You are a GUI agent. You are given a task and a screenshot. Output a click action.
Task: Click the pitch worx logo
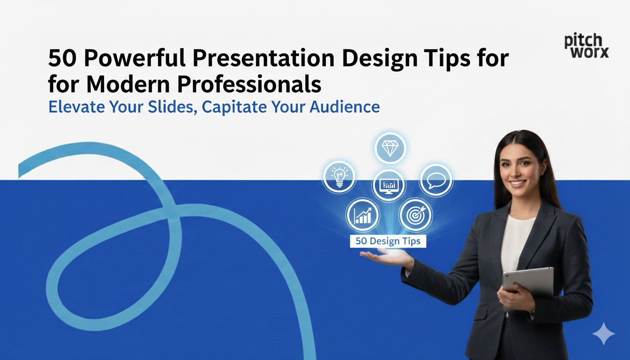(586, 46)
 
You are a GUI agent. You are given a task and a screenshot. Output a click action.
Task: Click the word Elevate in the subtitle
(71, 106)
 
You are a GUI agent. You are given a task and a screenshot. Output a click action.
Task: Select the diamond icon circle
(390, 148)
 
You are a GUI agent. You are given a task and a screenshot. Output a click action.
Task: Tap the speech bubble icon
(436, 180)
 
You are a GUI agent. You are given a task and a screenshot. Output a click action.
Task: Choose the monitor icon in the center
(389, 186)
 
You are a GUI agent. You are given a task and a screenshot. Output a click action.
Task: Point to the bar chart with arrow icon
(362, 215)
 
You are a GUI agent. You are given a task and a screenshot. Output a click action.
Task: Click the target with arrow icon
(415, 215)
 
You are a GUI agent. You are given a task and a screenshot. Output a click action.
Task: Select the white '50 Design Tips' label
(388, 241)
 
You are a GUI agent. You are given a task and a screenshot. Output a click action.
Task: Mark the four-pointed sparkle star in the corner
(603, 334)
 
